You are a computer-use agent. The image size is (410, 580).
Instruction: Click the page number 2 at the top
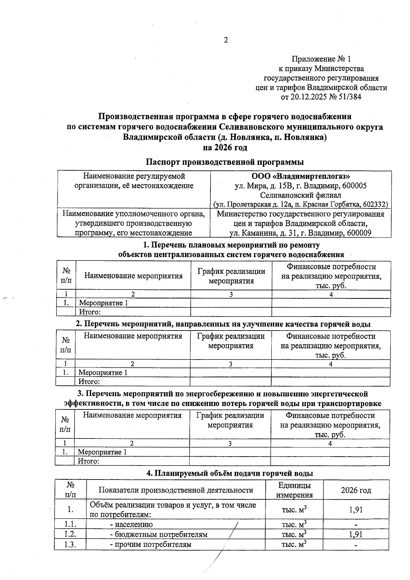(x=225, y=40)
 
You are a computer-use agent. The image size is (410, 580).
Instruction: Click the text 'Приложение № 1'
(x=321, y=59)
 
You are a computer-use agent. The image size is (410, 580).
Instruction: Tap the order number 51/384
(x=350, y=97)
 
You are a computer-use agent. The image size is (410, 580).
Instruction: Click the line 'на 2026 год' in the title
(x=225, y=148)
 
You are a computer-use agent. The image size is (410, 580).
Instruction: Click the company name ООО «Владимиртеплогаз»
(x=301, y=177)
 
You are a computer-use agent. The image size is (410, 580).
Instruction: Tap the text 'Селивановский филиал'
(x=301, y=195)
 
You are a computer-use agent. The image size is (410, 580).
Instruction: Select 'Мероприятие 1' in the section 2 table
(x=103, y=372)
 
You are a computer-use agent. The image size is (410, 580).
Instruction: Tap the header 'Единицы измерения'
(x=294, y=490)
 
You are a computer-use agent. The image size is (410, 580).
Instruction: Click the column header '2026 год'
(x=356, y=490)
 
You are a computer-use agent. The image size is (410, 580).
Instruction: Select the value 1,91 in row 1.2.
(x=356, y=534)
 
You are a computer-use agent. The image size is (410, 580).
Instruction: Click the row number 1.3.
(x=70, y=544)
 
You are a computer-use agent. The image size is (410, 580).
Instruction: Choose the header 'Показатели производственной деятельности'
(x=176, y=490)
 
